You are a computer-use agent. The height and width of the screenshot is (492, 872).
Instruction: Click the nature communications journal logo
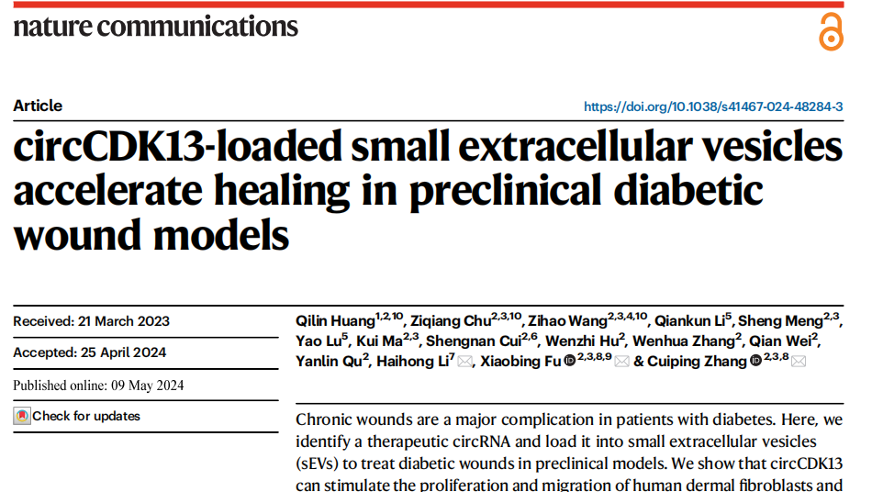coord(156,26)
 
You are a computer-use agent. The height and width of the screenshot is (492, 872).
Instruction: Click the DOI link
coord(713,106)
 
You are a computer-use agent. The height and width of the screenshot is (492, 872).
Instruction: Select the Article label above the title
coord(38,106)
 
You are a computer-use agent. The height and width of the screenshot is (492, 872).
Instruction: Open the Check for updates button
coord(77,417)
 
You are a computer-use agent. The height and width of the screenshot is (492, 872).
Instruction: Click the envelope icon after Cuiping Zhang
coord(798,362)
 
